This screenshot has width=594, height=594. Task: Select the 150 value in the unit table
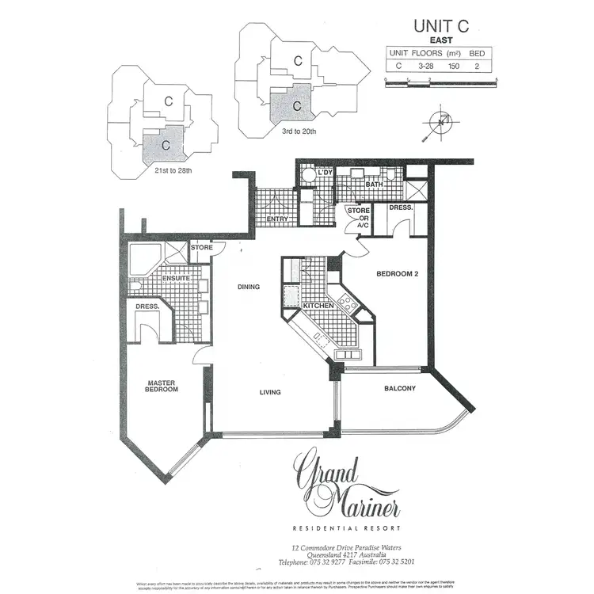(x=455, y=67)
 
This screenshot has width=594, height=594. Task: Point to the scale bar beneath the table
(x=440, y=81)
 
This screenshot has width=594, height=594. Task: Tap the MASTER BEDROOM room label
(x=162, y=386)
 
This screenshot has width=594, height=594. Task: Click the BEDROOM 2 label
(x=396, y=273)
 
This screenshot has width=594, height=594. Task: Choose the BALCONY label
(x=401, y=388)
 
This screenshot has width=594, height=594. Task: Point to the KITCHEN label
(x=318, y=305)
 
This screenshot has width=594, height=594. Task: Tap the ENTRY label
(x=277, y=219)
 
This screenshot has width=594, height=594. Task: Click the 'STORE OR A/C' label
(x=359, y=218)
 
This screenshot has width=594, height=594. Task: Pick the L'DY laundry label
(x=325, y=173)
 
